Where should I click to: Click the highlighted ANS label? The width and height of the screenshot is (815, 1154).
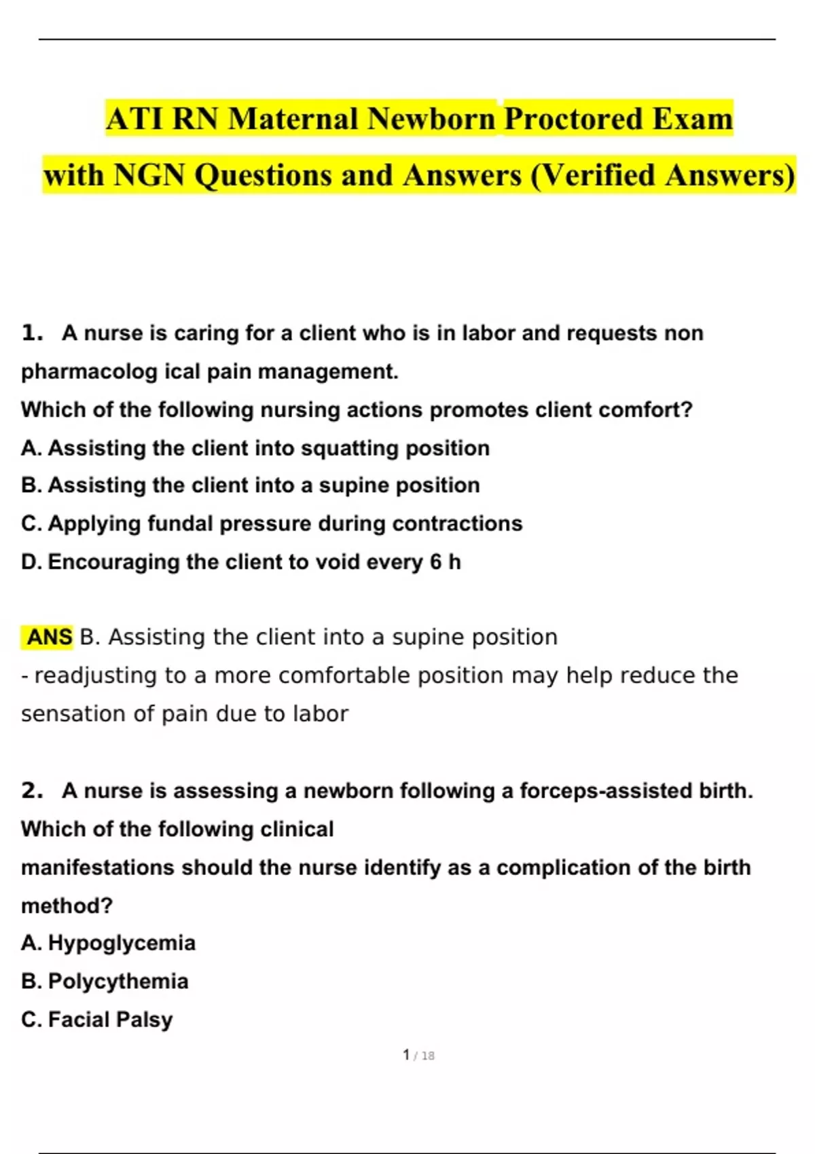click(49, 637)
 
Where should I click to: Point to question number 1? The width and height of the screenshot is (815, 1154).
click(32, 333)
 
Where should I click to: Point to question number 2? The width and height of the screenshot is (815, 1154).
click(32, 791)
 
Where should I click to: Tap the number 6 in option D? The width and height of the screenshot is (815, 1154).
click(435, 562)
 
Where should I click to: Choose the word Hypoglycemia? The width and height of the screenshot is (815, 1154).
click(122, 943)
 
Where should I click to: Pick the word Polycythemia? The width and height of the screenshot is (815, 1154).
click(118, 982)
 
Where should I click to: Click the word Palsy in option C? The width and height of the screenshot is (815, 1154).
click(146, 1020)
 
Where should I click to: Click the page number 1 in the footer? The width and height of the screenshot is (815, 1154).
click(406, 1055)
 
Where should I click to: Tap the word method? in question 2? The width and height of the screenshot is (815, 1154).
click(67, 906)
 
